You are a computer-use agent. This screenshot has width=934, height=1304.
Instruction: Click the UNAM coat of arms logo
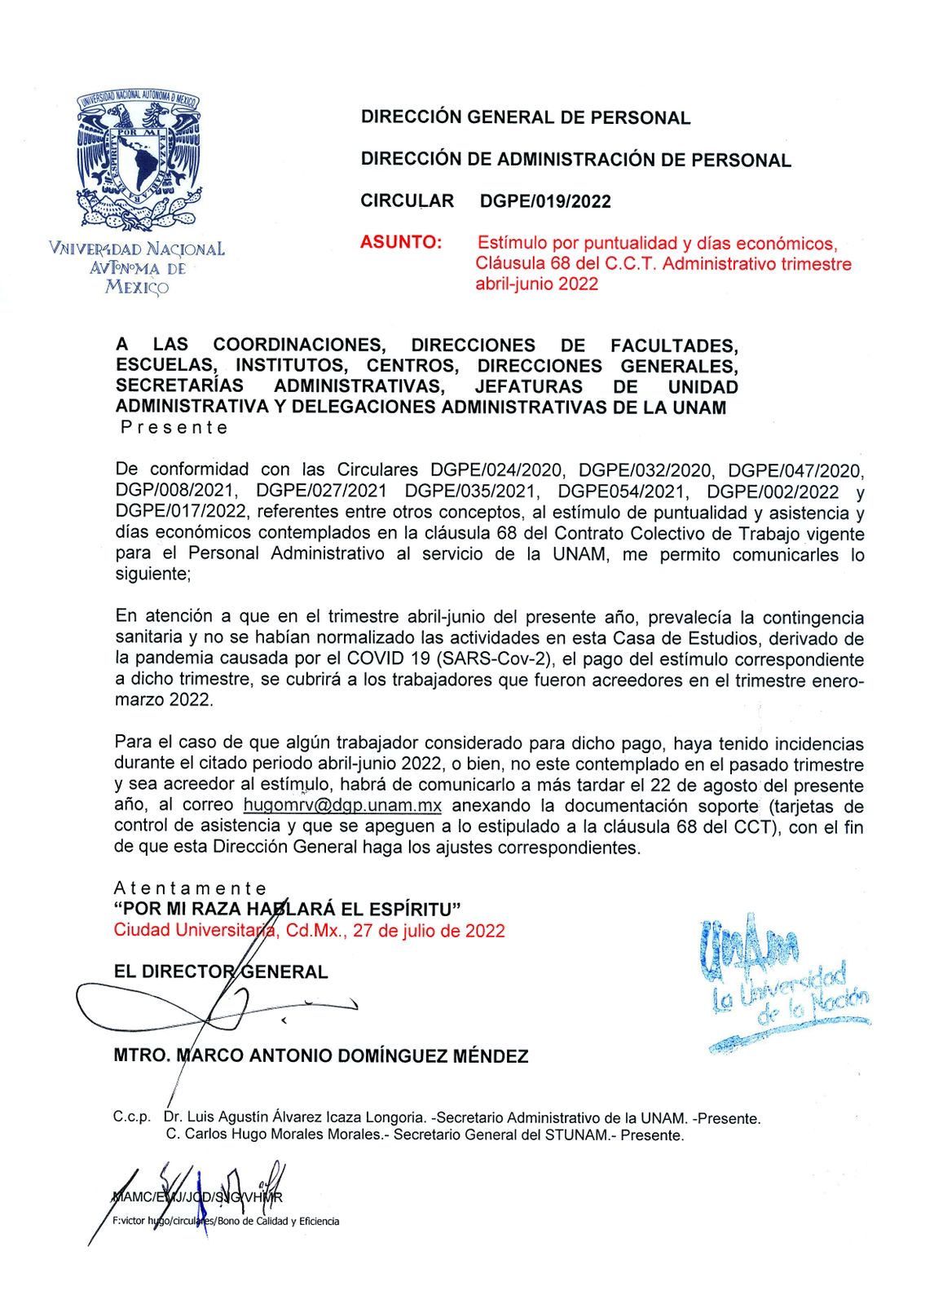(138, 161)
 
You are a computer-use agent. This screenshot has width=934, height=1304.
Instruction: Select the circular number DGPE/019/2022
(545, 201)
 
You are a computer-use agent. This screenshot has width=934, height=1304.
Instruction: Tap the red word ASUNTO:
(401, 242)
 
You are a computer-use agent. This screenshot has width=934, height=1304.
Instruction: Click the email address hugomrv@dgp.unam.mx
(342, 806)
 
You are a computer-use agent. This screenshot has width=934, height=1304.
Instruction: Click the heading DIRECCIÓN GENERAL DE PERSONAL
(526, 117)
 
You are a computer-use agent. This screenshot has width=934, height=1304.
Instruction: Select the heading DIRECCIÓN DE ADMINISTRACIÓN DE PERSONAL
(575, 160)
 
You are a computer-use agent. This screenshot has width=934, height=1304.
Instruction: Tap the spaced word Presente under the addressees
(174, 427)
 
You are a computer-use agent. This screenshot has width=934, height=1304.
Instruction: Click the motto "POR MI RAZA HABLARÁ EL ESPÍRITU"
(289, 909)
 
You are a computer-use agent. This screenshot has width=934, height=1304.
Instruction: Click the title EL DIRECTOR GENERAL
(221, 971)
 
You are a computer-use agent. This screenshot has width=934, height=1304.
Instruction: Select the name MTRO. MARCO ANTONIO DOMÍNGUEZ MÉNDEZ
(321, 1056)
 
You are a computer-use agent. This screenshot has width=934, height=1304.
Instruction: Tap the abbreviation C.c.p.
(131, 1117)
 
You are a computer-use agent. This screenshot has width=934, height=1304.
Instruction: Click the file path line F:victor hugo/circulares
(226, 1221)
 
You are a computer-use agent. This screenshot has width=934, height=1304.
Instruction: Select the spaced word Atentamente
(190, 888)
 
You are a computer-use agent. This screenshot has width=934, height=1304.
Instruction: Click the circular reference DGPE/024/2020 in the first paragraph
(496, 470)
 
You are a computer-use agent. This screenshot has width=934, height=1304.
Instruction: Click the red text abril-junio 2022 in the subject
(537, 284)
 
